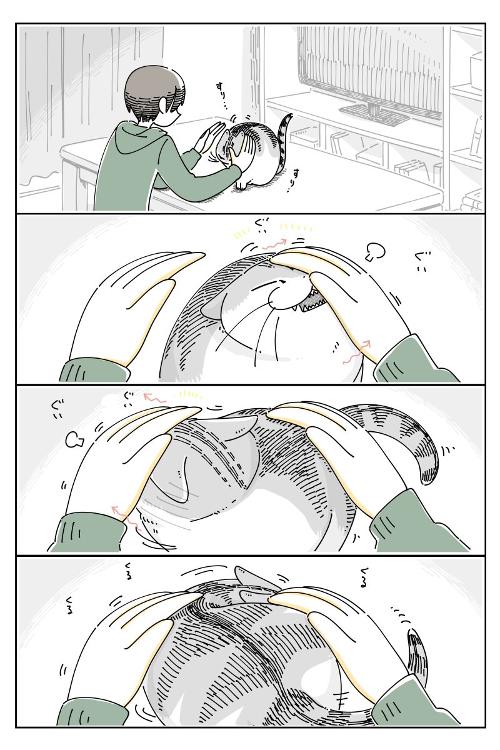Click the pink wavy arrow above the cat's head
pos(275,244)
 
